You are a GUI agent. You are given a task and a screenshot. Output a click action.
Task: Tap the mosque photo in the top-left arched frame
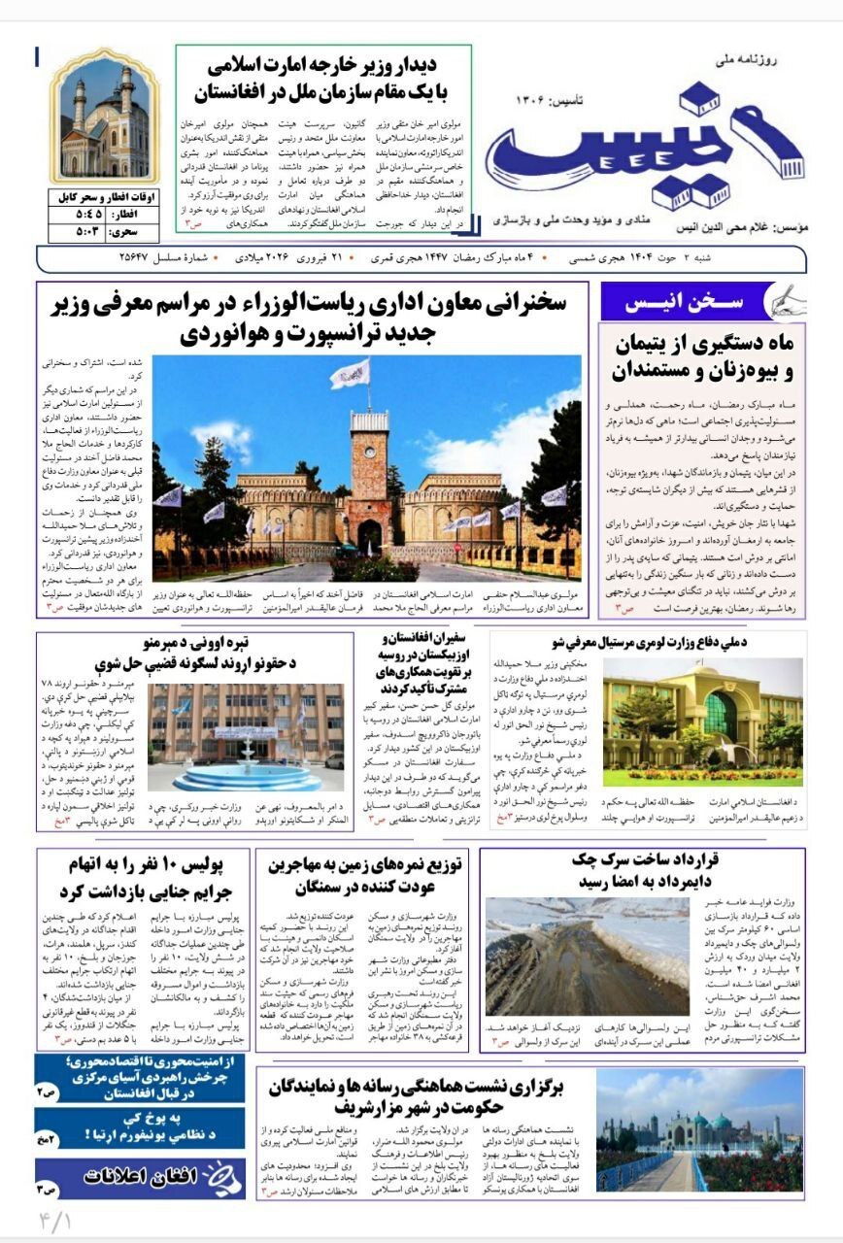click(104, 121)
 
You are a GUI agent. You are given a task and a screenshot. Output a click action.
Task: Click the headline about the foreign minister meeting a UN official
click(323, 81)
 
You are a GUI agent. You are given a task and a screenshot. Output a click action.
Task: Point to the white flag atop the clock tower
click(351, 372)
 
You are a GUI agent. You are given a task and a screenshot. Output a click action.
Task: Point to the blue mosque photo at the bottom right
click(699, 1130)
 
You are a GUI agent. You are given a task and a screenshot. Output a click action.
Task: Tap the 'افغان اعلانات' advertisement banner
click(140, 1176)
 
